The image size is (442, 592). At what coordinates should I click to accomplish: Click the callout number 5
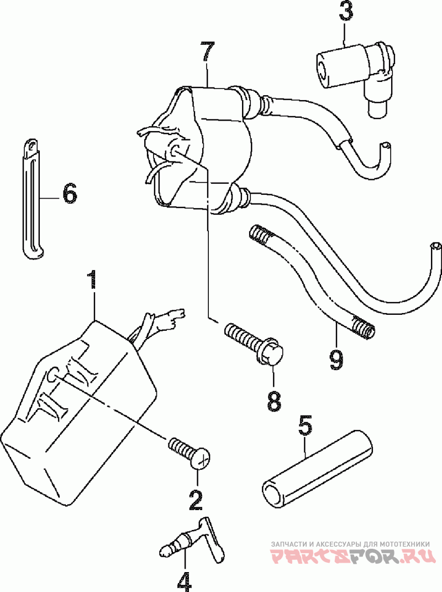coord(305,426)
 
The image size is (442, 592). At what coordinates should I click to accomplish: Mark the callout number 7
coord(207,51)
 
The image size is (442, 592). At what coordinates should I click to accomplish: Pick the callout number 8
coord(274,401)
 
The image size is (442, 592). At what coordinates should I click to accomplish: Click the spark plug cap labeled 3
coord(355,75)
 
